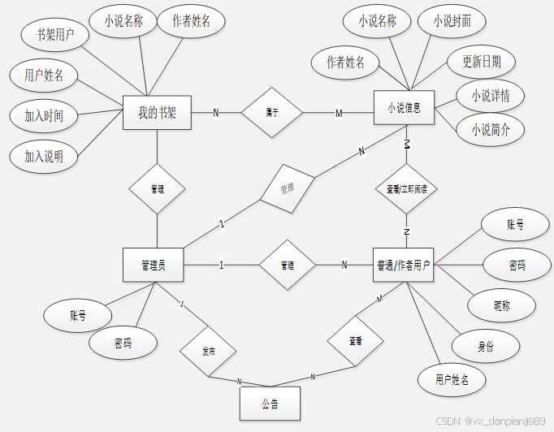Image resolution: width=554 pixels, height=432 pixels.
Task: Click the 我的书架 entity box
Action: [157, 112]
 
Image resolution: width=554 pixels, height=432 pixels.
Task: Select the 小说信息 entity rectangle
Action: [404, 108]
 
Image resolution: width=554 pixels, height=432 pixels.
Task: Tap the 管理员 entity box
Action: [154, 265]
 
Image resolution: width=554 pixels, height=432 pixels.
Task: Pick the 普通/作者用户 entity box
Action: [403, 265]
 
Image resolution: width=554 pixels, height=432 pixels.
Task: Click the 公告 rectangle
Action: [270, 404]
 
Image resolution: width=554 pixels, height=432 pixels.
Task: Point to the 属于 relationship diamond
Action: [272, 112]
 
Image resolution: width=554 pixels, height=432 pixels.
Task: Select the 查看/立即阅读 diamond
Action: [406, 188]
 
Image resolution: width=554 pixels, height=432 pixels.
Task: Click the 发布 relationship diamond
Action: [209, 352]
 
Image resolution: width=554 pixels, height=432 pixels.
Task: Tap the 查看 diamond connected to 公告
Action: [355, 340]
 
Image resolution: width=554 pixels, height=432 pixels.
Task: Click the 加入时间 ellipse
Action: [44, 115]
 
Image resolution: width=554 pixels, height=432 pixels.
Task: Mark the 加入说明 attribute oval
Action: [44, 155]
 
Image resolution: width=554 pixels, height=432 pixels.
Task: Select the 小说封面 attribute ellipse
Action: [452, 22]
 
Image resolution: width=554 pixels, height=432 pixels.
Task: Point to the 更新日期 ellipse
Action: [482, 61]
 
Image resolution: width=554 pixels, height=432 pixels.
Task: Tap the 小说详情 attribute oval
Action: [491, 95]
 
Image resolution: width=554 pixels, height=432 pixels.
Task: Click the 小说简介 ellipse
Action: [491, 128]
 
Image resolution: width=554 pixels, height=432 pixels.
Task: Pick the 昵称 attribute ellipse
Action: [503, 305]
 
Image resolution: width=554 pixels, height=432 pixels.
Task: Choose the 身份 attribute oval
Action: [485, 345]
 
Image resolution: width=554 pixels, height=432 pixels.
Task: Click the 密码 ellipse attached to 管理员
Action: [123, 343]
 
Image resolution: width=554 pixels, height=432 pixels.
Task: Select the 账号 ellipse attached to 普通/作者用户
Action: [515, 225]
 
